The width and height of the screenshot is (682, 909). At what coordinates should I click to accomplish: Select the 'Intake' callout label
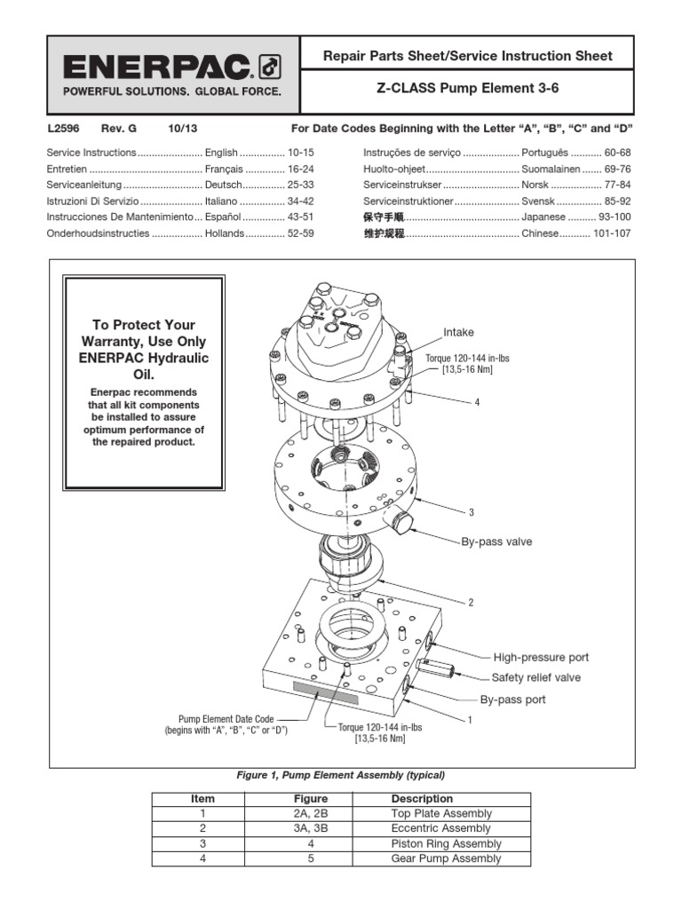(459, 332)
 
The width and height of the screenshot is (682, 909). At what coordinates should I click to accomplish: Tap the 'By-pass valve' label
(496, 540)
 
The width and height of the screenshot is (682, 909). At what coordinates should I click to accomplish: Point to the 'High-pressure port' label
(541, 658)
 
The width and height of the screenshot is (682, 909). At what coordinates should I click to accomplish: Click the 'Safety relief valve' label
(536, 678)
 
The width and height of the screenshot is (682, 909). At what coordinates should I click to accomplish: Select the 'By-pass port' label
(513, 700)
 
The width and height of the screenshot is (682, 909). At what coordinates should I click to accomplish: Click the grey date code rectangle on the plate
(325, 692)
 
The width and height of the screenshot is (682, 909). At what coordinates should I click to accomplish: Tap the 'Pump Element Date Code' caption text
(226, 719)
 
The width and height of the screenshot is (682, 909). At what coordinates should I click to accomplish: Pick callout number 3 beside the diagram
(472, 513)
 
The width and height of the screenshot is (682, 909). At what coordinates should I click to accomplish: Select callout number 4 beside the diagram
(477, 402)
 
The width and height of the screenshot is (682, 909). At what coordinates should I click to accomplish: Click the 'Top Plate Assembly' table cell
(441, 813)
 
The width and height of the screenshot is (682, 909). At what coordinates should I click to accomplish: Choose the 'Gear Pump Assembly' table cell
(446, 858)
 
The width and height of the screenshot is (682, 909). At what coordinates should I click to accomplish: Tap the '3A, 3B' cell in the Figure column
(312, 828)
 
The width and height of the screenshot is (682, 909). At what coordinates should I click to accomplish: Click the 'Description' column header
(422, 798)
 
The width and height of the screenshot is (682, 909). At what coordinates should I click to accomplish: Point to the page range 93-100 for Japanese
(615, 217)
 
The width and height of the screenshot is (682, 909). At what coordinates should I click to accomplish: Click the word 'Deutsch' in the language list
(223, 185)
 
